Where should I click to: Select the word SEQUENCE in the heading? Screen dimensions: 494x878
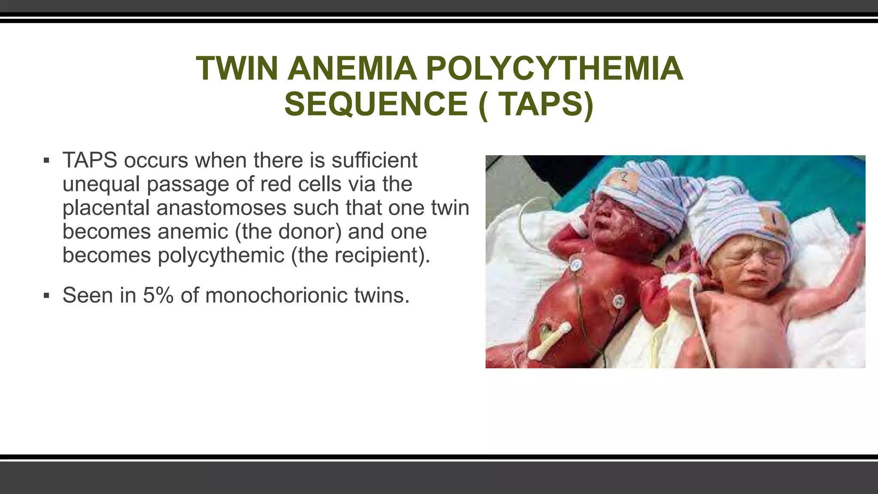[376, 104]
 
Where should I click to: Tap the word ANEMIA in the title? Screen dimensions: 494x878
[352, 68]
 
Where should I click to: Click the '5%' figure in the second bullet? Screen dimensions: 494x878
[158, 295]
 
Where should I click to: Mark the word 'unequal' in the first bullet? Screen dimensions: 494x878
[101, 184]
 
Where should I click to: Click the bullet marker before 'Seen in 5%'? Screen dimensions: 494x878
[47, 295]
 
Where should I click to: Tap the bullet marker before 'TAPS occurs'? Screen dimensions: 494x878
[47, 161]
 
